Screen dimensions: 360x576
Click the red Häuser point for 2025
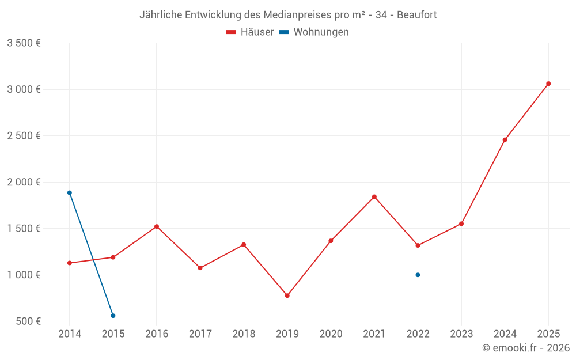(548, 84)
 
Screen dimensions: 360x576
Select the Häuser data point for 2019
(287, 295)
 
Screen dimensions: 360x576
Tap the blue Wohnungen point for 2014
(70, 193)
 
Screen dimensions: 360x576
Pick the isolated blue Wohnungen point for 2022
(418, 275)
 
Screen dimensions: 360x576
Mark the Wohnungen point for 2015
(113, 316)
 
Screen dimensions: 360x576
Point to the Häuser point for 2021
(374, 197)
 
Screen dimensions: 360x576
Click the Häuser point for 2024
(505, 140)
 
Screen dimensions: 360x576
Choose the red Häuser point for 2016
(157, 226)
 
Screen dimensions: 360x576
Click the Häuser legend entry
(250, 32)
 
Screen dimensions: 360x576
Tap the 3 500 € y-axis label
(24, 43)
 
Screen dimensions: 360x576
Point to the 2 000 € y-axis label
(24, 182)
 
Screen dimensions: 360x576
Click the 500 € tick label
(28, 321)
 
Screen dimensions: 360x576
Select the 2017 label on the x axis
(200, 334)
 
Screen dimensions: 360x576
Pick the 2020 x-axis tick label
(331, 334)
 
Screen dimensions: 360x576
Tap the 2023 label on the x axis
(461, 334)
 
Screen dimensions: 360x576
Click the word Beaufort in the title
(417, 15)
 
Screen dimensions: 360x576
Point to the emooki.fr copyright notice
(526, 348)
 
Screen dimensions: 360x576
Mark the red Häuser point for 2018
(244, 245)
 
